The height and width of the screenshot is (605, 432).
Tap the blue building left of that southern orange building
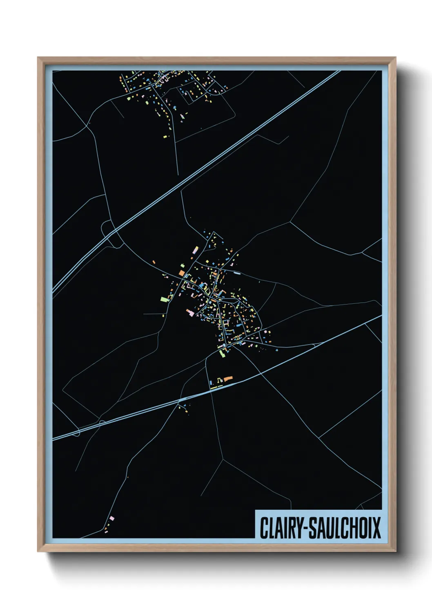211,383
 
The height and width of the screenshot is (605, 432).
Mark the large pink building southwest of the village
190,313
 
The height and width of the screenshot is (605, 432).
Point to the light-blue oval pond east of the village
236,272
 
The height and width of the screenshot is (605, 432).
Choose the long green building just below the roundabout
223,353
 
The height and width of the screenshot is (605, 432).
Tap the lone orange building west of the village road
154,262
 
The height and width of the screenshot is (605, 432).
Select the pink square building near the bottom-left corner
112,519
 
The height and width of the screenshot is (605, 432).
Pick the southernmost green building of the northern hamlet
165,136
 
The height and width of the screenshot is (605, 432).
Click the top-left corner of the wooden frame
38,58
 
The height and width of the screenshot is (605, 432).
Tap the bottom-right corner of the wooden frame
396,551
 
